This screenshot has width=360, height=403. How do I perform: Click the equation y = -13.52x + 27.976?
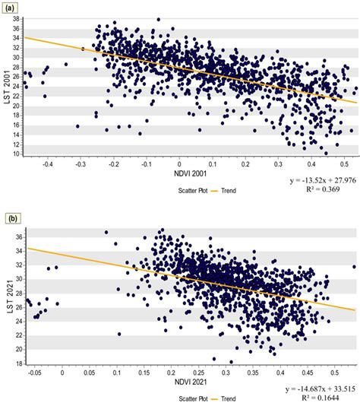(312, 180)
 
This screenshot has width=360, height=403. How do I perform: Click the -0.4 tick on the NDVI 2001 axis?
(47, 162)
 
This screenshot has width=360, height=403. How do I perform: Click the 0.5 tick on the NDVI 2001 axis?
(343, 162)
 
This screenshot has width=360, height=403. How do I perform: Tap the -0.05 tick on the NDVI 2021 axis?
(33, 373)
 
